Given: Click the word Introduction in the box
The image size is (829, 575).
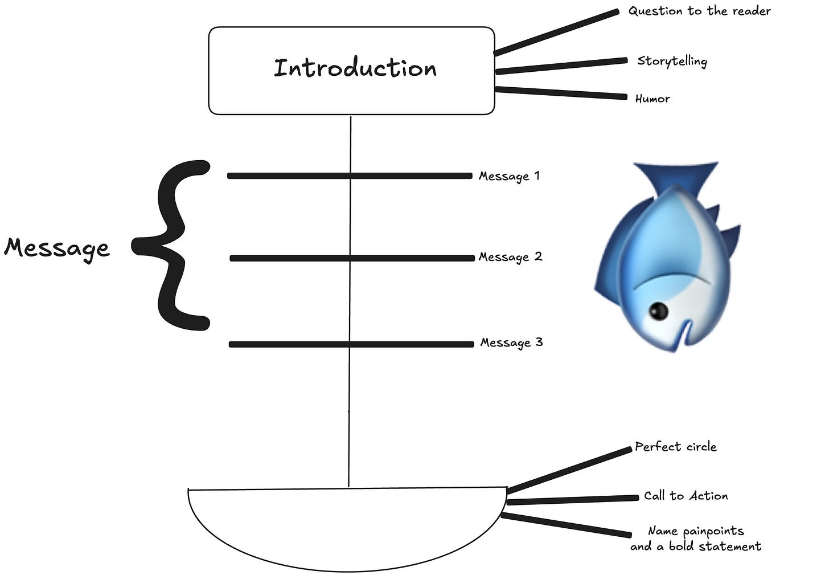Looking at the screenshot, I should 355,68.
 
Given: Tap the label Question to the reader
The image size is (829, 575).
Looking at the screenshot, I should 699,11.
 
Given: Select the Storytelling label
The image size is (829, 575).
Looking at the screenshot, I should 672,61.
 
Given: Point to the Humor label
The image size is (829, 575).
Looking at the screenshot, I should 652,99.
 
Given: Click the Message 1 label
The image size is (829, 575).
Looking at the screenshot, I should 509,176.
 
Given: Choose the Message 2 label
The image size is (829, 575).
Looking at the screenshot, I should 510,257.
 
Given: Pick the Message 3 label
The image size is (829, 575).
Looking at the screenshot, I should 511,342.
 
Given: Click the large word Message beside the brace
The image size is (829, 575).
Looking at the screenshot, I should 56,248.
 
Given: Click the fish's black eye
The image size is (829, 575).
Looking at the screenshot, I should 659,310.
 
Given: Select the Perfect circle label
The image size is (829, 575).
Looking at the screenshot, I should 675,447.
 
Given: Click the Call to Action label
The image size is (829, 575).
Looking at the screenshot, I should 686,496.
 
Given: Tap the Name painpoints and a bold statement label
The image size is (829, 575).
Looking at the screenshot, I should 695,539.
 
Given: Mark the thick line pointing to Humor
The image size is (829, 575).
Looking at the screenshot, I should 561,93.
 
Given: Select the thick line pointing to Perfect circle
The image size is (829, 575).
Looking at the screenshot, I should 569,470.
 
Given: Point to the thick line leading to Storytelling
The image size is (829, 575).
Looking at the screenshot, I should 561,66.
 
